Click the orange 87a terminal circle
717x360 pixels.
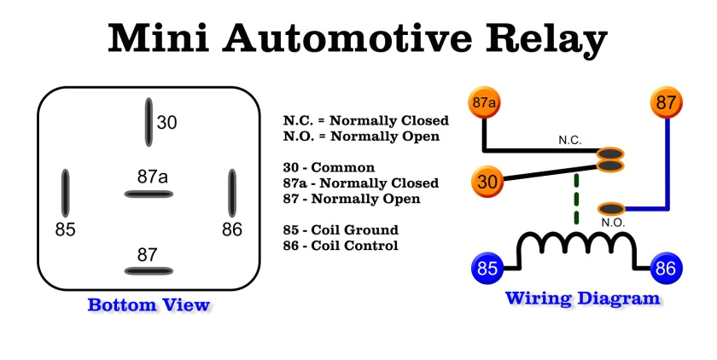(x=484, y=103)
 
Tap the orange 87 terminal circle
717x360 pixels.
(x=667, y=103)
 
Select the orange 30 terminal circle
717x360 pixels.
(x=487, y=182)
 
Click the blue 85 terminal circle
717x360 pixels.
(x=487, y=269)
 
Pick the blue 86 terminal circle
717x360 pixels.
(x=667, y=269)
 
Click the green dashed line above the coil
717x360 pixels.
(x=577, y=200)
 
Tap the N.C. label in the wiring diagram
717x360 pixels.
(x=570, y=139)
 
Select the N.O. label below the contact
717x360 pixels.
(x=613, y=223)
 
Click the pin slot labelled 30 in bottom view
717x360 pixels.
(x=149, y=122)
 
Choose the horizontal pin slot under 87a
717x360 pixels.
(x=149, y=195)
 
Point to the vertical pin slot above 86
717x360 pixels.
(x=231, y=193)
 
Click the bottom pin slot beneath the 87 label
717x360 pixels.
(x=149, y=271)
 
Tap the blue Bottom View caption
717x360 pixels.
(x=149, y=305)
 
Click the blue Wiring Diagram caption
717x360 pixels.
(x=582, y=299)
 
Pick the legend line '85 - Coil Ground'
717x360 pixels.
(x=341, y=230)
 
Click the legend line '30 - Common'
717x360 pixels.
(x=329, y=168)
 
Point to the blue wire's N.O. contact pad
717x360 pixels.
(x=612, y=208)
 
